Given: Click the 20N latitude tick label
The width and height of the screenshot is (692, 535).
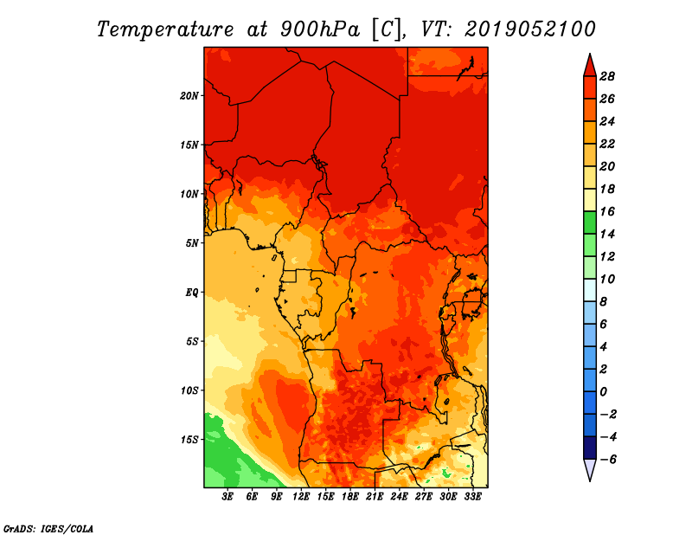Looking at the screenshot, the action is (189, 96).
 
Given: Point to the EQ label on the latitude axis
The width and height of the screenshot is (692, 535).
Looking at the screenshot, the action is (191, 293).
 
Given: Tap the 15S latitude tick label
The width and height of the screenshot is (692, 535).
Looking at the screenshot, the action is (189, 440).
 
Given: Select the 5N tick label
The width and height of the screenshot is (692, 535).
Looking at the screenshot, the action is (192, 243).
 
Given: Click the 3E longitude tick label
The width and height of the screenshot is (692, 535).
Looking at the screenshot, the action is (227, 497).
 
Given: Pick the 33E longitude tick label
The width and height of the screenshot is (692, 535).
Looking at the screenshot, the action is (472, 497).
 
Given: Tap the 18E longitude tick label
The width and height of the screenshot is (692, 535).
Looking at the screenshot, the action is (350, 497).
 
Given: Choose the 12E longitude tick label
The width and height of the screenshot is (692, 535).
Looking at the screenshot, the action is (301, 497).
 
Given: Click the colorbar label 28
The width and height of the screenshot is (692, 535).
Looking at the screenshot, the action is (607, 76).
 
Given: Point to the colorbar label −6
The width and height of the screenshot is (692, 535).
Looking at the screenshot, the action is (607, 460).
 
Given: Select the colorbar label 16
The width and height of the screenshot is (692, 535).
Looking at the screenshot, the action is (607, 211).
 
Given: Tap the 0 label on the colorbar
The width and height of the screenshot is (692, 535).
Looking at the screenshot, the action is (603, 392).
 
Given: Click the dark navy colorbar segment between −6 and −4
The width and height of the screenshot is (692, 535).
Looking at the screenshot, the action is (590, 448).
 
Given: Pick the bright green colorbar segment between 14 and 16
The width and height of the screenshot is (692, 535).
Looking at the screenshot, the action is (590, 222).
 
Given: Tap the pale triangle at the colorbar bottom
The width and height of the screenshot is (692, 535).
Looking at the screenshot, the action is (590, 468).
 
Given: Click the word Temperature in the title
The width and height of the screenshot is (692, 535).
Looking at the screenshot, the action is (165, 30).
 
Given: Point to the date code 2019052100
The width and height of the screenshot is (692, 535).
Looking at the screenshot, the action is (529, 29).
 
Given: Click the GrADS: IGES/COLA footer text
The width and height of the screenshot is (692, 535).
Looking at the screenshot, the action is (48, 529).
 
